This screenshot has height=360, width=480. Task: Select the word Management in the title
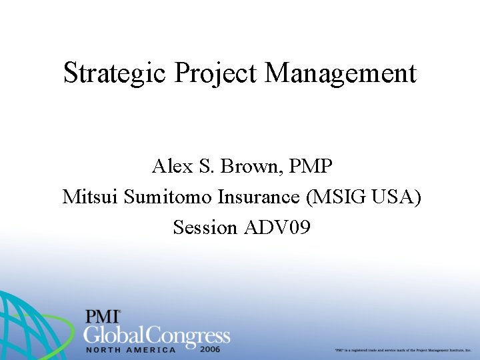[x=341, y=73]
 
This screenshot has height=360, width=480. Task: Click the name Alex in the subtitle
[x=171, y=165]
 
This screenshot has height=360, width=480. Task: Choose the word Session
[x=205, y=227]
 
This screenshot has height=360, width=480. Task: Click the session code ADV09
[x=277, y=227]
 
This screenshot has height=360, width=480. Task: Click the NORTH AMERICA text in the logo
[x=131, y=349]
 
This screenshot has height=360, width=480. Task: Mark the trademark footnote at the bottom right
[x=403, y=349]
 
